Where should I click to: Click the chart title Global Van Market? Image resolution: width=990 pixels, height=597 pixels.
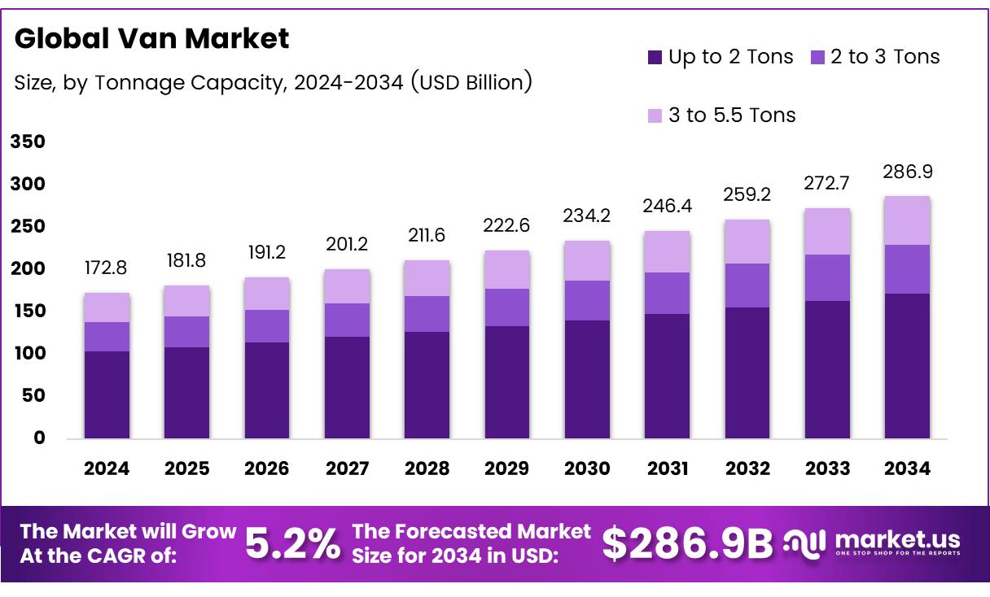tap(151, 38)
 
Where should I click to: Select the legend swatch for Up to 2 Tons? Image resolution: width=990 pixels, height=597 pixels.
tap(655, 57)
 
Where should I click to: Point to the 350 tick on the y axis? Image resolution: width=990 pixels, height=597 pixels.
tap(27, 142)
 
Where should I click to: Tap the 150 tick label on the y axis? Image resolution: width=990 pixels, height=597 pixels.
tap(27, 312)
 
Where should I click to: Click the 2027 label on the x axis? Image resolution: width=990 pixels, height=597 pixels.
tap(347, 468)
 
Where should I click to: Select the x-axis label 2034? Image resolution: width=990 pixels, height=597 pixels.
tap(908, 468)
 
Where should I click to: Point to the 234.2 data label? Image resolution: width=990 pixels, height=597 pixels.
tap(587, 216)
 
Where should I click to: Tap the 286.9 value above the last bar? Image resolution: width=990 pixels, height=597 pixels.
tap(908, 172)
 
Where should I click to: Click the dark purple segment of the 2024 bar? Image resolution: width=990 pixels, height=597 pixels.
tap(107, 394)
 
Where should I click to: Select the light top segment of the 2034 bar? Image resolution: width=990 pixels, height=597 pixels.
tap(908, 220)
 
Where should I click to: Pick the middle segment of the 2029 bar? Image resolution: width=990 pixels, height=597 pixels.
tap(507, 307)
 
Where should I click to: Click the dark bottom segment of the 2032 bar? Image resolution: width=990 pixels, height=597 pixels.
tap(747, 373)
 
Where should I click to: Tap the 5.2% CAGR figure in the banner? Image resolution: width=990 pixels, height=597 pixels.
tap(293, 544)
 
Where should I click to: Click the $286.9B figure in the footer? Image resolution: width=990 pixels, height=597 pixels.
tap(687, 544)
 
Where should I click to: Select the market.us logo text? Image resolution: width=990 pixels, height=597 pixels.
tap(897, 539)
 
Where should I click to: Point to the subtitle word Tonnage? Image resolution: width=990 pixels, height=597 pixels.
tap(135, 82)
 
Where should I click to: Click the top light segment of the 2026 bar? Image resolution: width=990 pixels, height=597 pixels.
tap(267, 294)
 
